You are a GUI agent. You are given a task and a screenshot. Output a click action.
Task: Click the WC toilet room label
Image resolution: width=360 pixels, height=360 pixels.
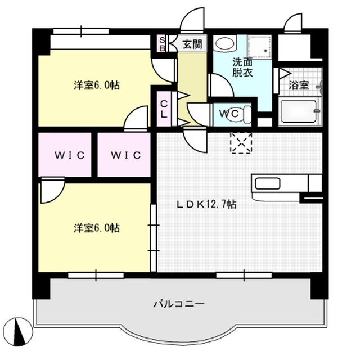(x=231, y=113)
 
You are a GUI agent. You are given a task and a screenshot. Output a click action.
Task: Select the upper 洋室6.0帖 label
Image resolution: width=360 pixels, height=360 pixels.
(x=96, y=85)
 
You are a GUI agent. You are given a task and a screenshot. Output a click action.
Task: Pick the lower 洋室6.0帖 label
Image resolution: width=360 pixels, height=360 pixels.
(x=96, y=228)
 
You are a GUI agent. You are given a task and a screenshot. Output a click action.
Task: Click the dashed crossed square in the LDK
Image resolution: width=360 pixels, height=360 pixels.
(x=241, y=143)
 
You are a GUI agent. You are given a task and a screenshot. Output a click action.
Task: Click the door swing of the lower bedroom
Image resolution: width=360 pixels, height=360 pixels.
(x=51, y=191)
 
